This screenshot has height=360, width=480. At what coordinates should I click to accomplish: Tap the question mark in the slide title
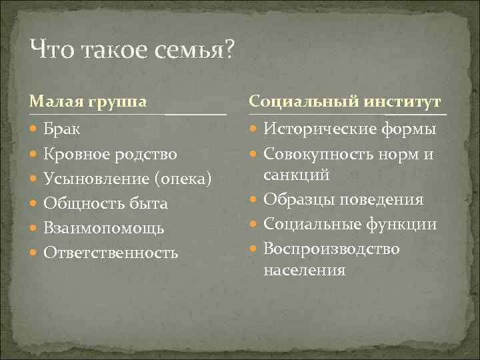coord(229,49)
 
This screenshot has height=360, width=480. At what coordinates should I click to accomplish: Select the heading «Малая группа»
coord(88,101)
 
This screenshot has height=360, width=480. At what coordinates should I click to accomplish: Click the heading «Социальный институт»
coord(345,101)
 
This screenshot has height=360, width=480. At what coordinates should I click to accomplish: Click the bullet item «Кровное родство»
coord(110,154)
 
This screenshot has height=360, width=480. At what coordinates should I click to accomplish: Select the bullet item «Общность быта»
coord(105,203)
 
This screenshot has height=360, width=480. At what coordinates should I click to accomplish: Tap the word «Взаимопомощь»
coord(103,228)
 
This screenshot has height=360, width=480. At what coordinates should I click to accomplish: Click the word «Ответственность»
coord(111,253)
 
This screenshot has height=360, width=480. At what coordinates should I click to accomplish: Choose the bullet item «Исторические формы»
coord(349,129)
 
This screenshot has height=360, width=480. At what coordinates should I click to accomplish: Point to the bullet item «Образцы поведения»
coord(343,199)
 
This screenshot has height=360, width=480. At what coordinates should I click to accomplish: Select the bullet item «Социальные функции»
coord(349,224)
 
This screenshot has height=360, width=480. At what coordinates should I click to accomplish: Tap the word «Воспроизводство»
coord(331,249)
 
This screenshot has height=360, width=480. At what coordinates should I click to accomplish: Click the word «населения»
coord(304,270)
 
